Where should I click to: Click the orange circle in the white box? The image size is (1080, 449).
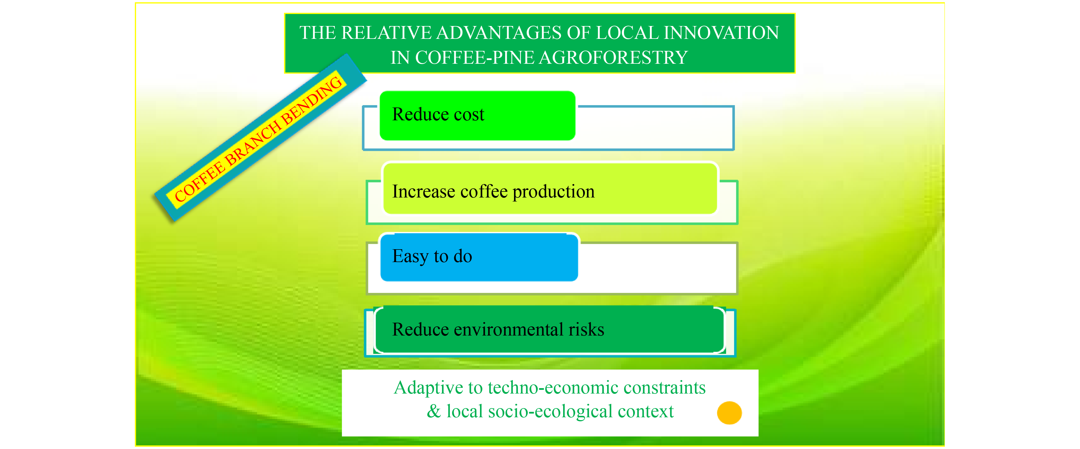[729, 413]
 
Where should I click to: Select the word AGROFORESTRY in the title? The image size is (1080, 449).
[613, 57]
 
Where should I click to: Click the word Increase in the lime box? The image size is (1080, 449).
[423, 191]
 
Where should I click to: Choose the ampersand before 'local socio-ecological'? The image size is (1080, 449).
[434, 412]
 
